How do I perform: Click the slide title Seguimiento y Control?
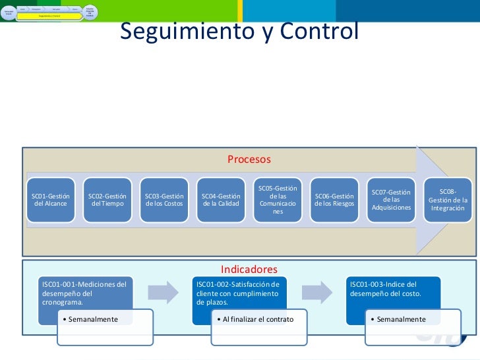[239, 31]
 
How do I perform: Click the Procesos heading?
[249, 160]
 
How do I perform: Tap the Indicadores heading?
[249, 269]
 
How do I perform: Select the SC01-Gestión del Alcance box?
[51, 200]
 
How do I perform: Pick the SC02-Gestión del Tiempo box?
[107, 200]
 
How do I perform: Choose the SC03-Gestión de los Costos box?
[164, 200]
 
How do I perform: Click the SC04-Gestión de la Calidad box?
[221, 200]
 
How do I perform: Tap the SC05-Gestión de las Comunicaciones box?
[278, 200]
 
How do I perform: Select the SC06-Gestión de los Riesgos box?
[334, 200]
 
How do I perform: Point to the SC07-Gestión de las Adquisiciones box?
[391, 200]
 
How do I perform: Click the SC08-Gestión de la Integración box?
[448, 200]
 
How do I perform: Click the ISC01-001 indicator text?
[84, 293]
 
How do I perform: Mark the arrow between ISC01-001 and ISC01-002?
[162, 291]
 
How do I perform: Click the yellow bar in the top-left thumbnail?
[49, 15]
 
